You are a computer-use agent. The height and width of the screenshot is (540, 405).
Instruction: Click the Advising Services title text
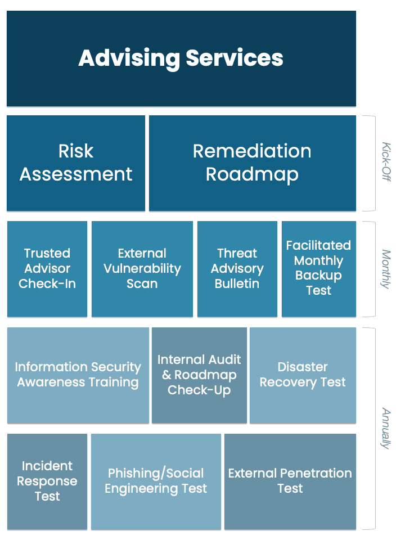tap(181, 58)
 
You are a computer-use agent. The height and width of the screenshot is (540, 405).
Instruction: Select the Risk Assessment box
tap(76, 163)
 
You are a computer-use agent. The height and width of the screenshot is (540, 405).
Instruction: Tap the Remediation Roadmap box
tap(253, 163)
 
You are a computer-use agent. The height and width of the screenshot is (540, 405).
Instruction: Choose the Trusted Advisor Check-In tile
tap(47, 269)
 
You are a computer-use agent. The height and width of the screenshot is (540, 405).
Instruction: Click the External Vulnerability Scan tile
tap(142, 269)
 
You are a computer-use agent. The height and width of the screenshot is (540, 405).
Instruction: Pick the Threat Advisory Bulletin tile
tap(237, 269)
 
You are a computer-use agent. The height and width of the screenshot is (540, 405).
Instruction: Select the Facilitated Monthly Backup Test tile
tap(319, 269)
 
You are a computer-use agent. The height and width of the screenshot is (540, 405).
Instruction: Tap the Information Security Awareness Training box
tap(78, 375)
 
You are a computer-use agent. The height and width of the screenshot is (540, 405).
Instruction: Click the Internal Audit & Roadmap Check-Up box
tap(199, 375)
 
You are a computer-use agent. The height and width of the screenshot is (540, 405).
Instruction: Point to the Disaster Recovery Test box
tap(303, 375)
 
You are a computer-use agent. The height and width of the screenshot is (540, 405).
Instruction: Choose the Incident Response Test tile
tap(47, 481)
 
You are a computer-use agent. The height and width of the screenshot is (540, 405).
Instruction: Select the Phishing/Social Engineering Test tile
tap(156, 481)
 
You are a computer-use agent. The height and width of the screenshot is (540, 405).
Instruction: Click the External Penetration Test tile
tap(290, 481)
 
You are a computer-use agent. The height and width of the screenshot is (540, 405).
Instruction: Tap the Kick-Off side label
tap(386, 162)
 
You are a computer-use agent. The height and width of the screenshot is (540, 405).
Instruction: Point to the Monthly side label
tap(386, 269)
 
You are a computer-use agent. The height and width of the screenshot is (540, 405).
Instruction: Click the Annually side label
tap(386, 429)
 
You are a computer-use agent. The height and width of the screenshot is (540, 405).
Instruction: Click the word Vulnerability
tap(142, 269)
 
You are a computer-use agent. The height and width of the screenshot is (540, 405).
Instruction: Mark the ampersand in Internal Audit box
tap(166, 375)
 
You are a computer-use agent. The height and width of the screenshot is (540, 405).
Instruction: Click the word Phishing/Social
tap(156, 474)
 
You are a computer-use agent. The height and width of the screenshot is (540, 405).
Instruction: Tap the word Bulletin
tap(237, 283)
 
